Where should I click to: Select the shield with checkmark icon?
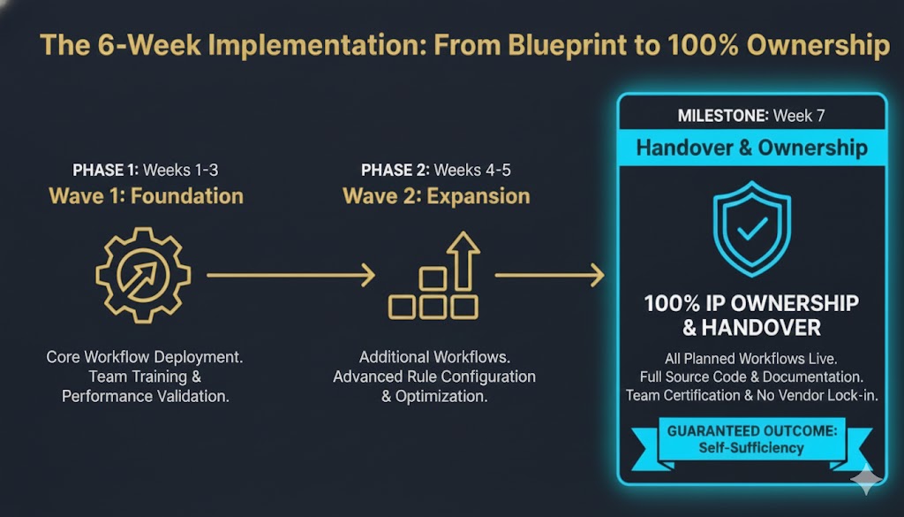coord(751,231)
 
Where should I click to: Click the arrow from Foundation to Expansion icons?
coord(290,276)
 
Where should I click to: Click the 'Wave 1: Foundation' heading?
coord(147,195)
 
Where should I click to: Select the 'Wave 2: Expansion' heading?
coord(436,195)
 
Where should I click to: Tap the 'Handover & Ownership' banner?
coord(751,148)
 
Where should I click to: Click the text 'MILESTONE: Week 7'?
coord(751,115)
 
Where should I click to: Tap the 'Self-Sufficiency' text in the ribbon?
coord(751,447)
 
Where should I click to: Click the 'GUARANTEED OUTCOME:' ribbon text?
coord(751,431)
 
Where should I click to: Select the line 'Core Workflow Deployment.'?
coord(146,358)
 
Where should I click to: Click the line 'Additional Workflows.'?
coord(433,358)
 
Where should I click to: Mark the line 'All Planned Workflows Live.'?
coord(751,358)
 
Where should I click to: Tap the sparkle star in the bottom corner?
coord(867,481)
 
